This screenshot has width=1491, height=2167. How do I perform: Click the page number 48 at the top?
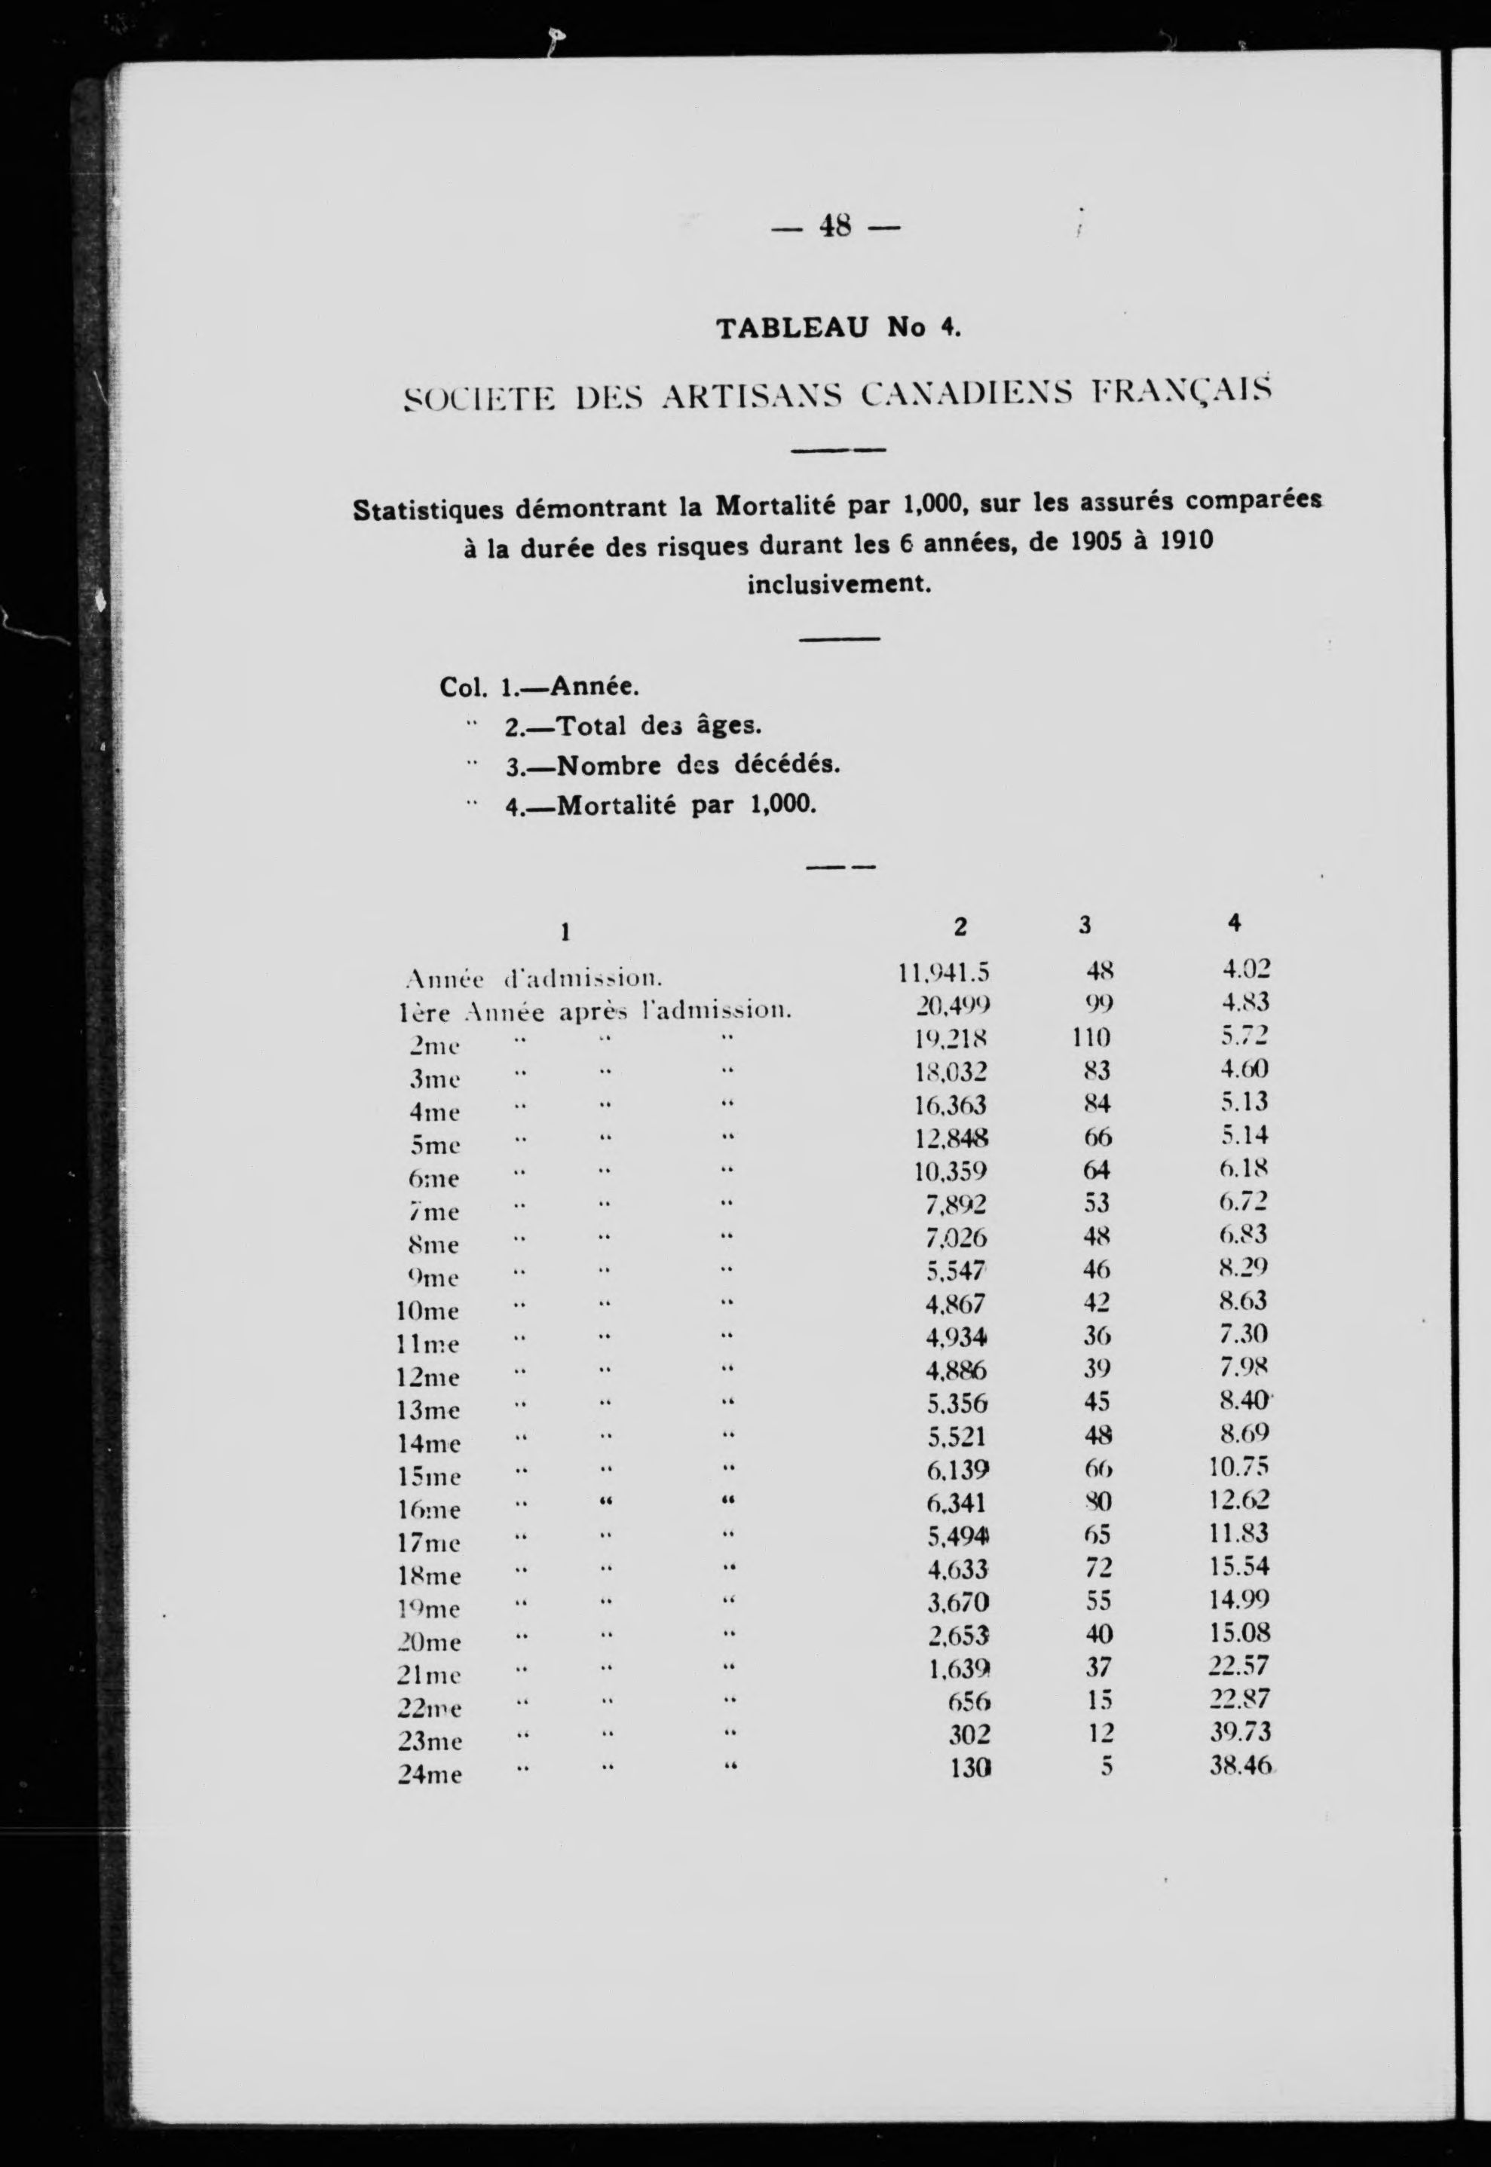pyautogui.click(x=836, y=226)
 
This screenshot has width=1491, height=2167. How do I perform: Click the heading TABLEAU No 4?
pyautogui.click(x=838, y=328)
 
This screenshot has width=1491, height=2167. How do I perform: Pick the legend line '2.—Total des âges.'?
pyautogui.click(x=633, y=726)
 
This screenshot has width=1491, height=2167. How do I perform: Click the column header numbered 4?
pyautogui.click(x=1234, y=923)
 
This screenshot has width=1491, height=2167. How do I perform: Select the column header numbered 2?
pyautogui.click(x=960, y=926)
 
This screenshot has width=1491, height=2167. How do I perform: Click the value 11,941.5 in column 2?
pyautogui.click(x=944, y=973)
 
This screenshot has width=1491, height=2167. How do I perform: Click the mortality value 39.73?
pyautogui.click(x=1241, y=1733)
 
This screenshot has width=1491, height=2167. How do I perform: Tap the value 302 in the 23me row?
pyautogui.click(x=969, y=1734)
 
